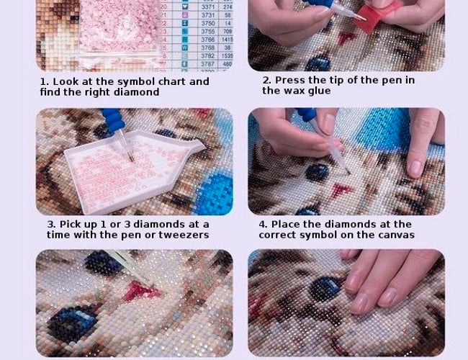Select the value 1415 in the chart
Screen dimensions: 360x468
(x=228, y=40)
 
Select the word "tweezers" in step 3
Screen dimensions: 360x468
(x=186, y=235)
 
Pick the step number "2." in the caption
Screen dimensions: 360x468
(x=266, y=81)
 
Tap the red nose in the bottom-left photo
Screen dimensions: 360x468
(x=140, y=291)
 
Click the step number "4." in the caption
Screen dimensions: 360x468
(x=264, y=225)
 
